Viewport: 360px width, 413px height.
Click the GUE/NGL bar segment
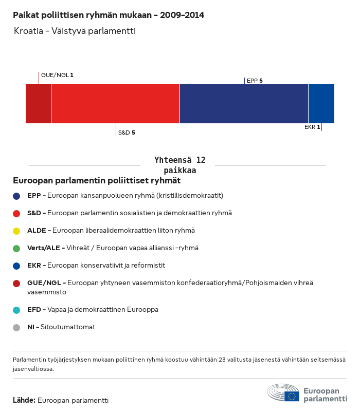point(39,104)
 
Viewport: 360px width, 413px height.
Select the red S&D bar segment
point(115,104)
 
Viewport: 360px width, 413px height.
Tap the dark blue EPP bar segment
point(244,104)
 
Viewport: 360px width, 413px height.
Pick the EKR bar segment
point(321,104)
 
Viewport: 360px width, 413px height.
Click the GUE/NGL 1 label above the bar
point(57,75)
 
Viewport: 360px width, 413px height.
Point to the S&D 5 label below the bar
point(127,133)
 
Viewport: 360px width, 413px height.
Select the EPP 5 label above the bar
point(255,81)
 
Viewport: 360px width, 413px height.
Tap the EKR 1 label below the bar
point(312,127)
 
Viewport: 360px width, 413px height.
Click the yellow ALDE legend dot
point(16,231)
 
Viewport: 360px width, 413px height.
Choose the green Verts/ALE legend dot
point(16,248)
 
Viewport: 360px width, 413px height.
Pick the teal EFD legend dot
point(16,310)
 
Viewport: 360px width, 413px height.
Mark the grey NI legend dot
point(16,327)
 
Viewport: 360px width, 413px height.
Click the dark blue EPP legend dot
point(16,196)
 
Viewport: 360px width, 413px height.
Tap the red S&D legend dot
point(16,213)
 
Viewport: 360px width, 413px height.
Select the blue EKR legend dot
point(16,266)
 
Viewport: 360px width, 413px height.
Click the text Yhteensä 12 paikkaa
point(179,165)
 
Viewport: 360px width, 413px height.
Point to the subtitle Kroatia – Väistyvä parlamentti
point(75,31)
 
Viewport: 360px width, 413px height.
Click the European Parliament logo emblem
point(283,393)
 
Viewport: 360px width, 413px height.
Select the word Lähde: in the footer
point(24,400)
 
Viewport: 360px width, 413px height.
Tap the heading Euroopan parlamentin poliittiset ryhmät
point(96,181)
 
